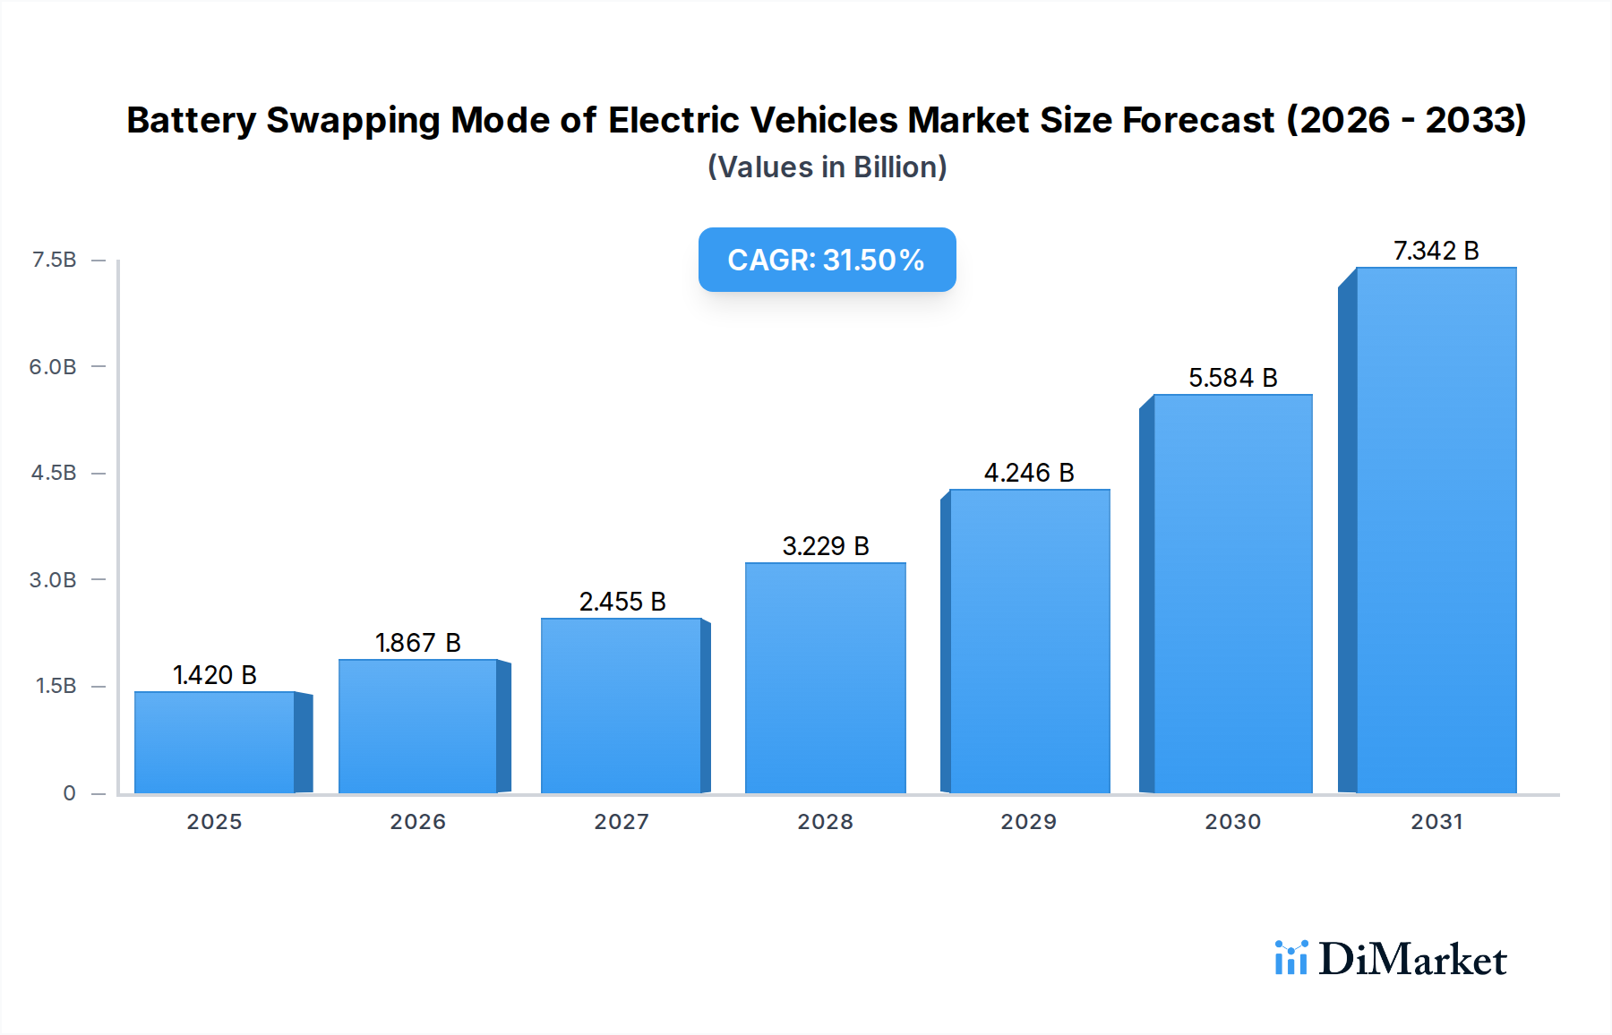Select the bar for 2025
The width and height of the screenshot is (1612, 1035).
tap(215, 742)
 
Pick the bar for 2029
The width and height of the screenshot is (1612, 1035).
tap(1029, 641)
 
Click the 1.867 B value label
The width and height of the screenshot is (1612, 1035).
tap(417, 643)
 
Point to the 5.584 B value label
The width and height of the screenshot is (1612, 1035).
tap(1232, 378)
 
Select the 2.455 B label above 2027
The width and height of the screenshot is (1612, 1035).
tap(622, 602)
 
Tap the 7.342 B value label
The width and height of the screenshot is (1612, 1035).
tap(1436, 251)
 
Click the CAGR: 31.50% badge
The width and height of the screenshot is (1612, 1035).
tap(827, 260)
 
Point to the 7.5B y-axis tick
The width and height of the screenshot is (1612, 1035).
tap(55, 260)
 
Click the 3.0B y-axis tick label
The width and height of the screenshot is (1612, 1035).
tap(53, 579)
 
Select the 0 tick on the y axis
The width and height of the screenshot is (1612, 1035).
tap(69, 792)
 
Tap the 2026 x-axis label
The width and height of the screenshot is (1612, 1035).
tap(417, 821)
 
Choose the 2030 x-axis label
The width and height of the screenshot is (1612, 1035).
tap(1232, 821)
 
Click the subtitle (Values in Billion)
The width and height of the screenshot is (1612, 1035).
tap(827, 167)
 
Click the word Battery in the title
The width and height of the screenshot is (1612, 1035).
tap(191, 121)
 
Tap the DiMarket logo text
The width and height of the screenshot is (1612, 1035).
tap(1412, 959)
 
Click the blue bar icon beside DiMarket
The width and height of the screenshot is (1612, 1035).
tap(1290, 958)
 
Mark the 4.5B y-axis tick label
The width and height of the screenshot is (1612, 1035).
tap(54, 473)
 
